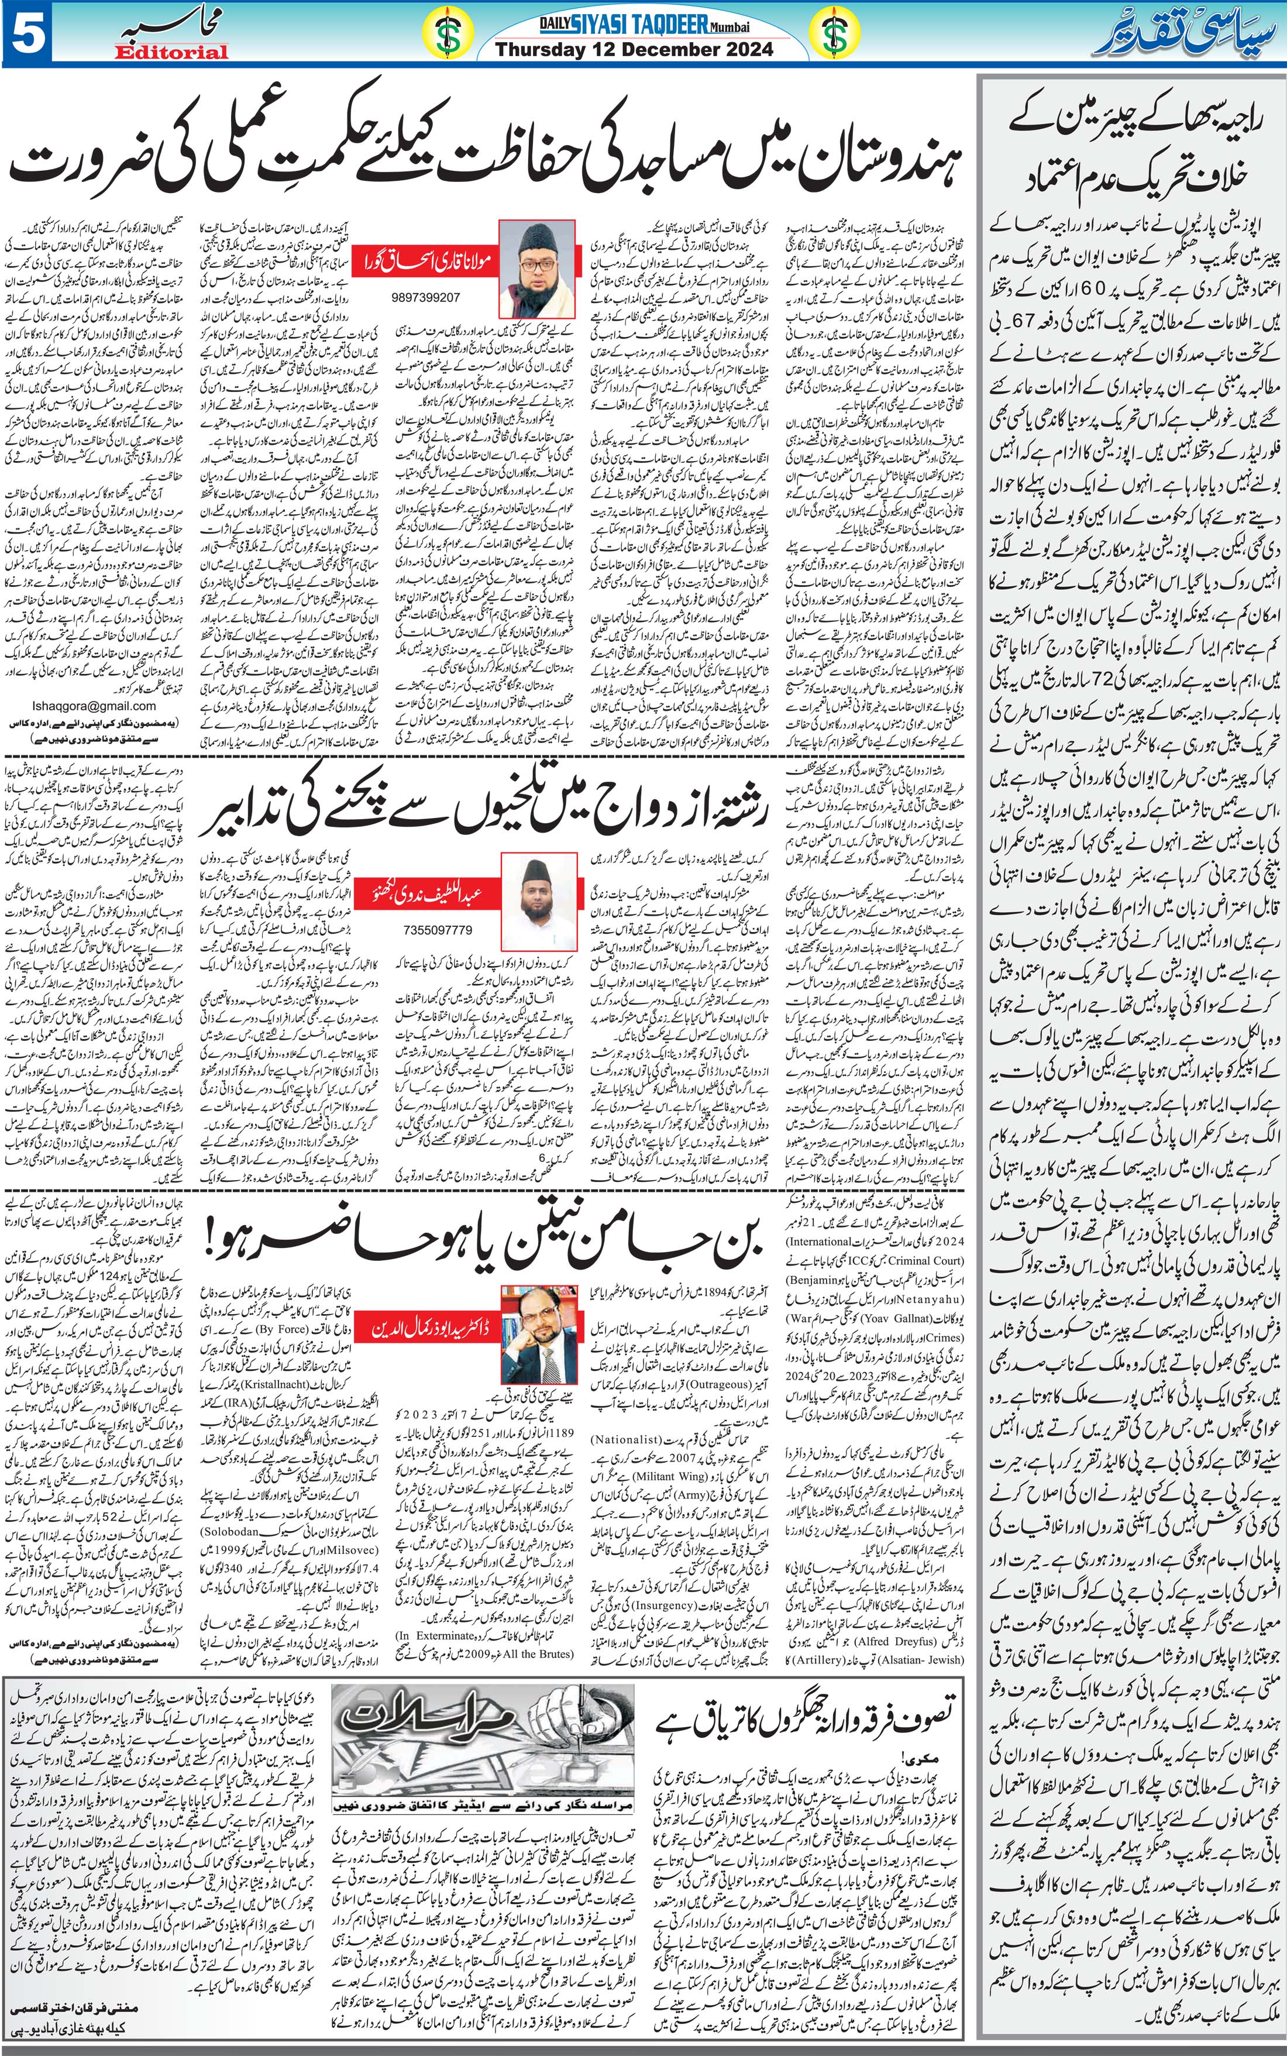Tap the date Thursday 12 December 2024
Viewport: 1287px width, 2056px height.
click(634, 49)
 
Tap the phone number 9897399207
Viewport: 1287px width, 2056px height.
click(426, 298)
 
